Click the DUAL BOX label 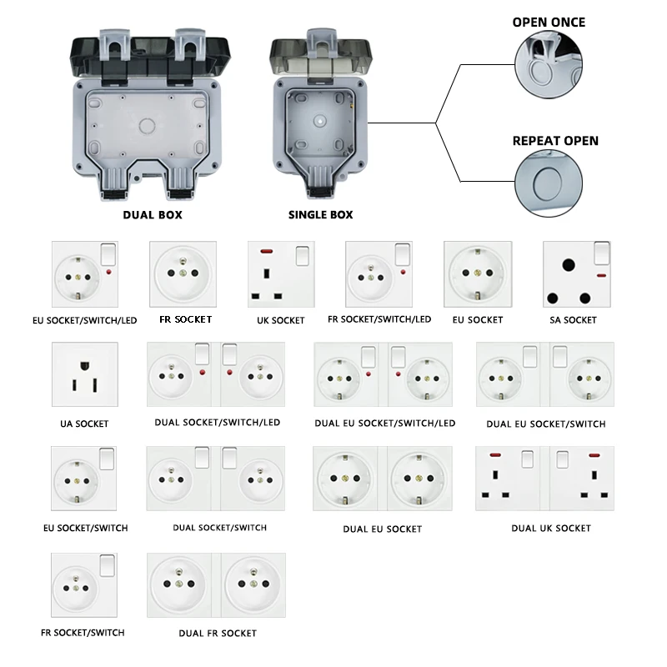coord(152,214)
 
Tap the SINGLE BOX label coord(320,214)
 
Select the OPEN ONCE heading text coord(548,22)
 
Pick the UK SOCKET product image coord(280,274)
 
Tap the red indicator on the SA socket coord(600,273)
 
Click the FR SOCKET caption coord(185,319)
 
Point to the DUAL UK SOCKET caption coord(550,528)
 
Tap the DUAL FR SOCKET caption coord(218,634)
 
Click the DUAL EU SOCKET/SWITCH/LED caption coord(384,424)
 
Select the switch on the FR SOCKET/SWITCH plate coord(106,567)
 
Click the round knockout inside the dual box coord(148,127)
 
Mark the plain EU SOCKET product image coord(477,274)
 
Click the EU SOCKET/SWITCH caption coord(85,528)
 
